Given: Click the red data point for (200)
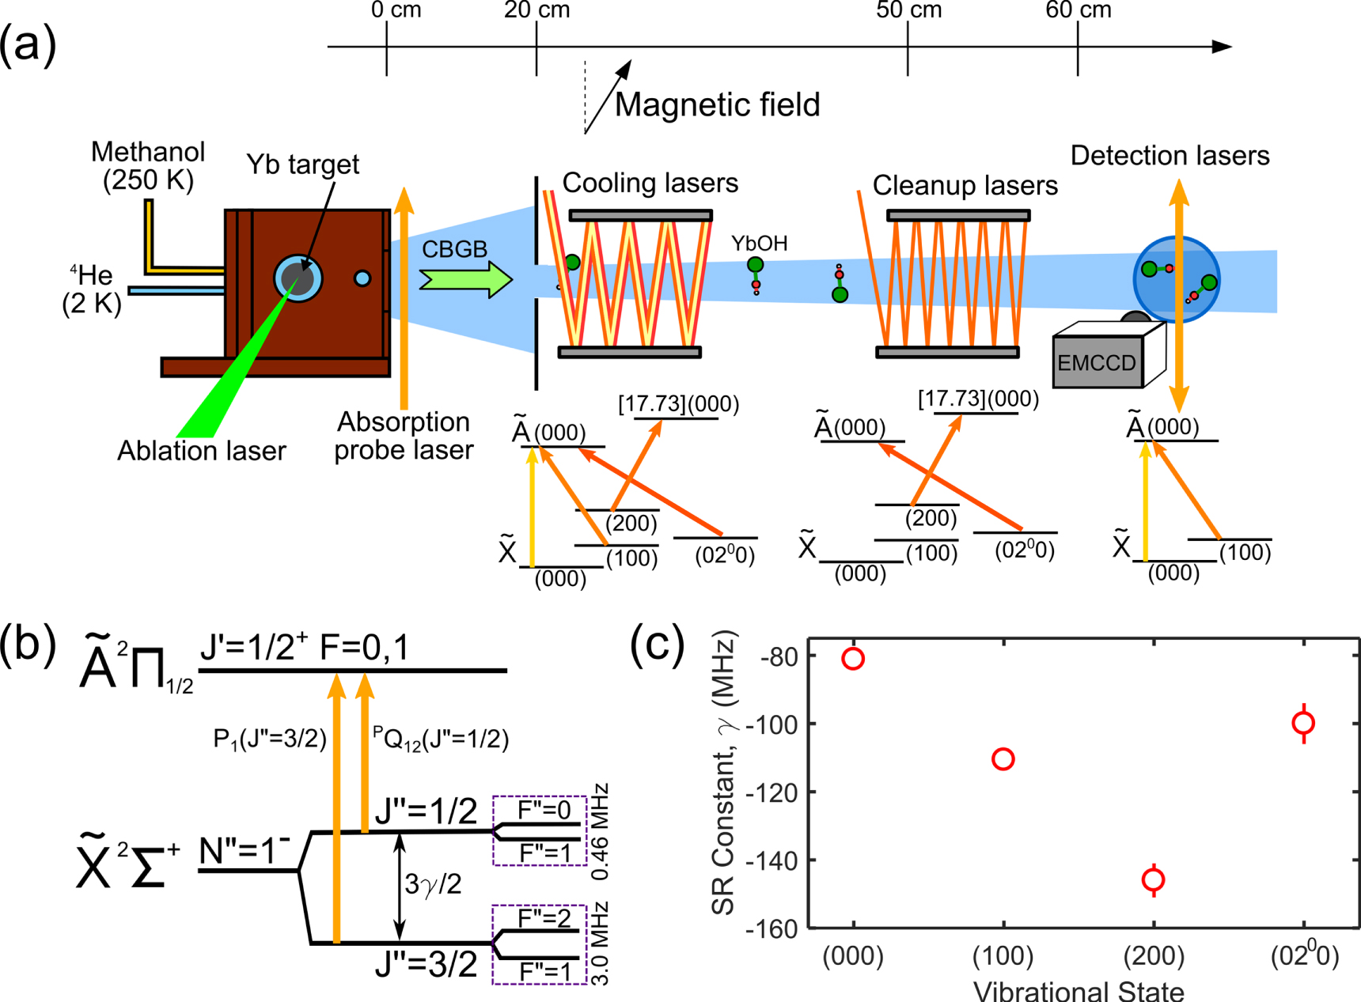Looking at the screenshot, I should click(1154, 879).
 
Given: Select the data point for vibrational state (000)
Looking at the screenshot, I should click(852, 659).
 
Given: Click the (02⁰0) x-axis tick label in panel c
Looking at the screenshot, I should click(1304, 957).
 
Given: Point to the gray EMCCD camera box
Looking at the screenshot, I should click(1097, 362).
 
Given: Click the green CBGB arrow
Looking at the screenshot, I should click(465, 278).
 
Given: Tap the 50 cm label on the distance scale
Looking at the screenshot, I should click(908, 11).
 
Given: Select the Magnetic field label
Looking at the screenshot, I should click(717, 105).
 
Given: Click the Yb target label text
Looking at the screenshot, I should click(302, 164).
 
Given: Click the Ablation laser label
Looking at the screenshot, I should click(201, 451).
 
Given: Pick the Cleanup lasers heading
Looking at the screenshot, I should click(965, 185).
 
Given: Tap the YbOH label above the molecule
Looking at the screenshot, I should click(759, 243).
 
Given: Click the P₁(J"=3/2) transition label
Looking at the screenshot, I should click(270, 739).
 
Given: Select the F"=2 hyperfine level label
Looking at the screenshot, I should click(544, 918).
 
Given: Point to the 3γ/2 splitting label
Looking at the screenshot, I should click(432, 883).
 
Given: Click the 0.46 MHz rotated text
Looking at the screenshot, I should click(600, 831).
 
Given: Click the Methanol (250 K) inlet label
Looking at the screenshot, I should click(148, 166).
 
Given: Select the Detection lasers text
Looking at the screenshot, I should click(1169, 156).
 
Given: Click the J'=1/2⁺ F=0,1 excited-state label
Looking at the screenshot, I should click(305, 648).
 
